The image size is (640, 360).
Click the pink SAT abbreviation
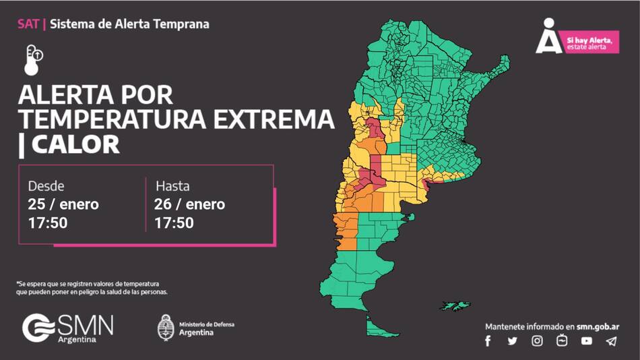(x=28, y=24)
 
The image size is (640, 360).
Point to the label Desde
(x=46, y=186)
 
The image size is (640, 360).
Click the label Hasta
(x=172, y=186)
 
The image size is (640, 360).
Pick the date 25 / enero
(x=63, y=204)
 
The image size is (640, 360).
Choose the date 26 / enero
(x=189, y=204)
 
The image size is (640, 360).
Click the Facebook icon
(x=488, y=341)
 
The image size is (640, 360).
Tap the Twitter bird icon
(x=513, y=341)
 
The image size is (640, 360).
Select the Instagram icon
(x=537, y=341)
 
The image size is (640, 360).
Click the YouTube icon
(x=587, y=341)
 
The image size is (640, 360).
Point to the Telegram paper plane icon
(x=611, y=341)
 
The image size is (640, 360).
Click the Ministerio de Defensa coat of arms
(x=166, y=328)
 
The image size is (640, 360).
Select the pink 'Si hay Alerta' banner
(x=591, y=43)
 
